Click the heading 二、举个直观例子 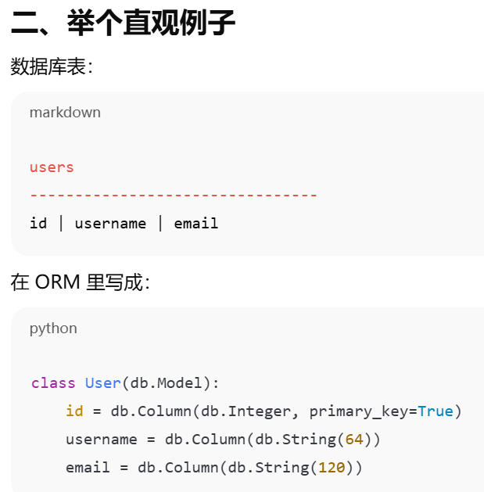point(123,23)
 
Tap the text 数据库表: point(52,67)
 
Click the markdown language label point(65,112)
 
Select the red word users point(52,167)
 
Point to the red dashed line point(174,195)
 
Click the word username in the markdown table point(110,224)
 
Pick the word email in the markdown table point(196,224)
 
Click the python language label point(53,328)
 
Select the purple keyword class point(53,383)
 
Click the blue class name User point(102,383)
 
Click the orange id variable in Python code point(74,411)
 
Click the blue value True point(436,411)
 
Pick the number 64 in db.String point(354,440)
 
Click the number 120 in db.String point(332,468)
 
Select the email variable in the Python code point(88,468)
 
